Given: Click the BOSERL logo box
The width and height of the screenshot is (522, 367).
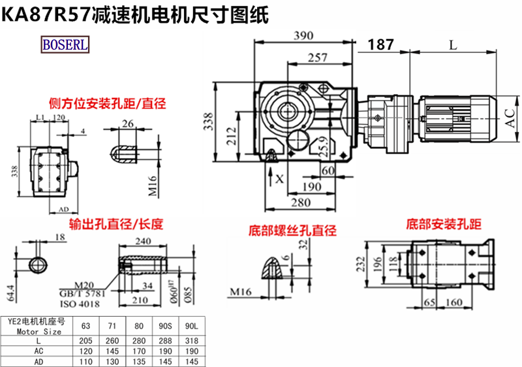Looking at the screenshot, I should click(x=66, y=45).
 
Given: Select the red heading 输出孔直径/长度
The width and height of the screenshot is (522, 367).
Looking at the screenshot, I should click(x=110, y=225).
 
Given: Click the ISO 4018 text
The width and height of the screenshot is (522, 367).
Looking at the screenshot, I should click(x=80, y=303).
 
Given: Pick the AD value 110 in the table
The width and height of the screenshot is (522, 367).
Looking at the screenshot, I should click(x=87, y=360).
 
